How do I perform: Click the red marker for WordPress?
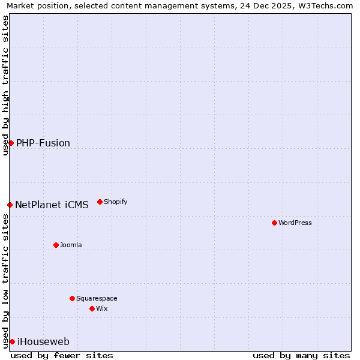[274, 223]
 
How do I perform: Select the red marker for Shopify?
[100, 202]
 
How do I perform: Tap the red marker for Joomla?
[56, 245]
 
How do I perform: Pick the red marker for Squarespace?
[72, 298]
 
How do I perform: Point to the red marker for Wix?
[92, 308]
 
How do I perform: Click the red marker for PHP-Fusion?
[11, 143]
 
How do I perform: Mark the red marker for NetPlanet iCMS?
[10, 205]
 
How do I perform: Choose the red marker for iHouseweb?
[12, 341]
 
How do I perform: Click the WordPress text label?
[295, 223]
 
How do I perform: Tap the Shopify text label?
[116, 202]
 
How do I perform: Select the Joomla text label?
[71, 245]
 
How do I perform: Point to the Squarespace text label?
[97, 298]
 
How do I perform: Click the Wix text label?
[102, 308]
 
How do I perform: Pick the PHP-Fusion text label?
[43, 143]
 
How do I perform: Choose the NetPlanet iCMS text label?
[52, 205]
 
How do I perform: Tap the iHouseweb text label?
[44, 342]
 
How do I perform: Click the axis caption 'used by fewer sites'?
[62, 355]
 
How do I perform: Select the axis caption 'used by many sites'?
[301, 355]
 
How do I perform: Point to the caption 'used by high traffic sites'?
[5, 85]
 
